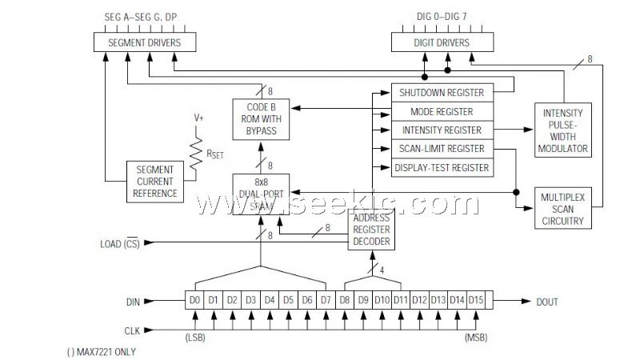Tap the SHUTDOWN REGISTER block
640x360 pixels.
[x=441, y=93]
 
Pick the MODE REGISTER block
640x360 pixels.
[x=441, y=112]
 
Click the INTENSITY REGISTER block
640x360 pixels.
[x=441, y=130]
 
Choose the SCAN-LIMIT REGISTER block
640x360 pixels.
[x=441, y=149]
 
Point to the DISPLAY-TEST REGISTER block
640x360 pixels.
[x=441, y=168]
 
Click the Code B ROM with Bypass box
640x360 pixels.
[x=260, y=119]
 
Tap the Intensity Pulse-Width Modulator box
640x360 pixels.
[x=564, y=129]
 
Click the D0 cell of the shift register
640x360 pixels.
[x=194, y=301]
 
